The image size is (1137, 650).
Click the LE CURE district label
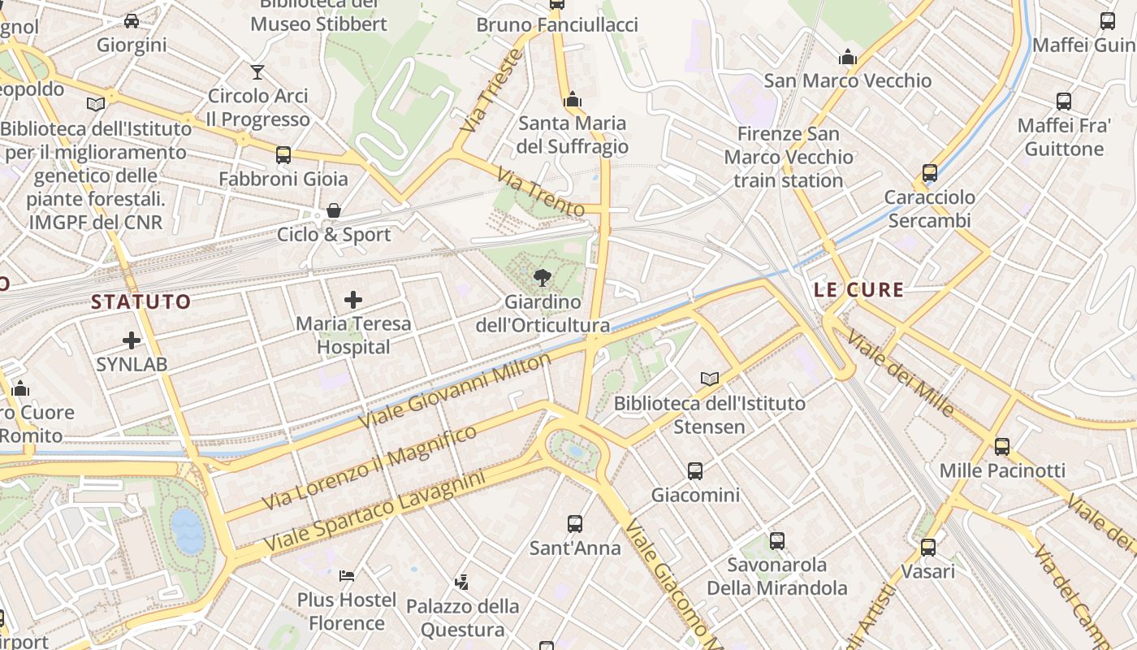pyautogui.click(x=858, y=290)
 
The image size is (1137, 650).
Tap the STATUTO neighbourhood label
pyautogui.click(x=141, y=302)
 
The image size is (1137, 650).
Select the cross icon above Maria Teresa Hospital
pyautogui.click(x=353, y=300)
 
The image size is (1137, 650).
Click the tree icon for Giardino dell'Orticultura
pyautogui.click(x=542, y=279)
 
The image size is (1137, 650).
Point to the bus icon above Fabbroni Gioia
pyautogui.click(x=283, y=154)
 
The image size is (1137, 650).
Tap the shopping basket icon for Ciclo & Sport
pyautogui.click(x=334, y=210)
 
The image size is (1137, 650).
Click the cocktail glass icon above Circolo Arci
pyautogui.click(x=257, y=71)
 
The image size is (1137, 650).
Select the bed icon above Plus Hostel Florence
pyautogui.click(x=347, y=576)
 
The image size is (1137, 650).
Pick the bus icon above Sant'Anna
pyautogui.click(x=575, y=524)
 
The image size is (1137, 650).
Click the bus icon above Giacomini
pyautogui.click(x=695, y=470)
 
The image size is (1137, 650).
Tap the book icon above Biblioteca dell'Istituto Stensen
pyautogui.click(x=710, y=379)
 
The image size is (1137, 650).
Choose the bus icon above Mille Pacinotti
pyautogui.click(x=1002, y=446)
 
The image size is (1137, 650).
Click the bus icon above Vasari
pyautogui.click(x=928, y=548)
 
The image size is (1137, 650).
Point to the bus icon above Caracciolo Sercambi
pyautogui.click(x=930, y=173)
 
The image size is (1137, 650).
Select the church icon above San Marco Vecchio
pyautogui.click(x=848, y=57)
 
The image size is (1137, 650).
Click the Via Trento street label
pyautogui.click(x=541, y=193)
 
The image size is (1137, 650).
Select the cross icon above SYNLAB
pyautogui.click(x=132, y=340)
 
